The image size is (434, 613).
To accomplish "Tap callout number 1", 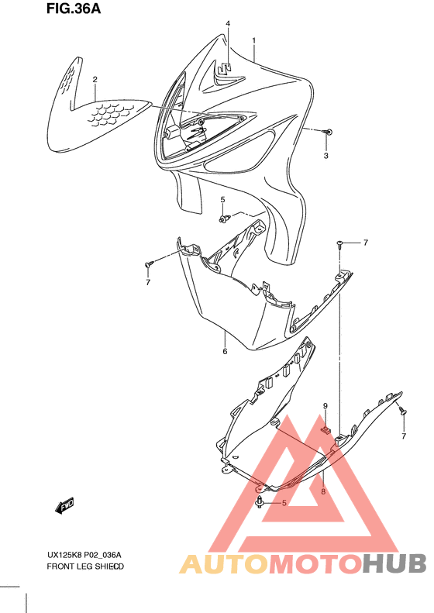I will click(253, 39).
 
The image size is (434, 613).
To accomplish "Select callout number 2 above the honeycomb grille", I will click(95, 79).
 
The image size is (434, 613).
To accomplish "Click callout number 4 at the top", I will click(228, 24).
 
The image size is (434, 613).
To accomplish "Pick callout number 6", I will click(225, 352).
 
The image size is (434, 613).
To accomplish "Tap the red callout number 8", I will click(323, 491).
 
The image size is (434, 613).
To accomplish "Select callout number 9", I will click(325, 406).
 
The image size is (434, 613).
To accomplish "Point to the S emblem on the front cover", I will click(225, 70).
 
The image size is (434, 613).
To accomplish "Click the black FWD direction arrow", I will click(64, 505).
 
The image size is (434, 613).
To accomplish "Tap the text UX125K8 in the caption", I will click(63, 554).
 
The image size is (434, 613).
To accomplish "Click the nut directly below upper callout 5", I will click(223, 220).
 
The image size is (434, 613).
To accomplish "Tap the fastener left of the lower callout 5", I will click(257, 504).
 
